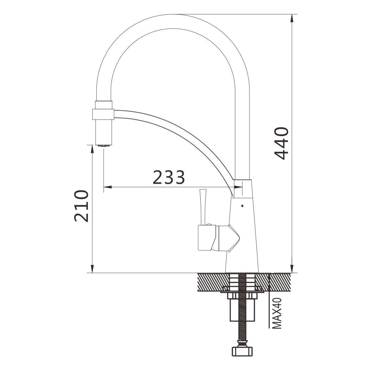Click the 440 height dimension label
(x=281, y=143)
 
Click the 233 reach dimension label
(x=169, y=177)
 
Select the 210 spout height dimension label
(x=81, y=206)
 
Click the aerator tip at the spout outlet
(x=104, y=146)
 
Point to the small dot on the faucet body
(x=242, y=206)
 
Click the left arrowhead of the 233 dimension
(x=108, y=187)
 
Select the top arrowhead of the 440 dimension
(x=292, y=19)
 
